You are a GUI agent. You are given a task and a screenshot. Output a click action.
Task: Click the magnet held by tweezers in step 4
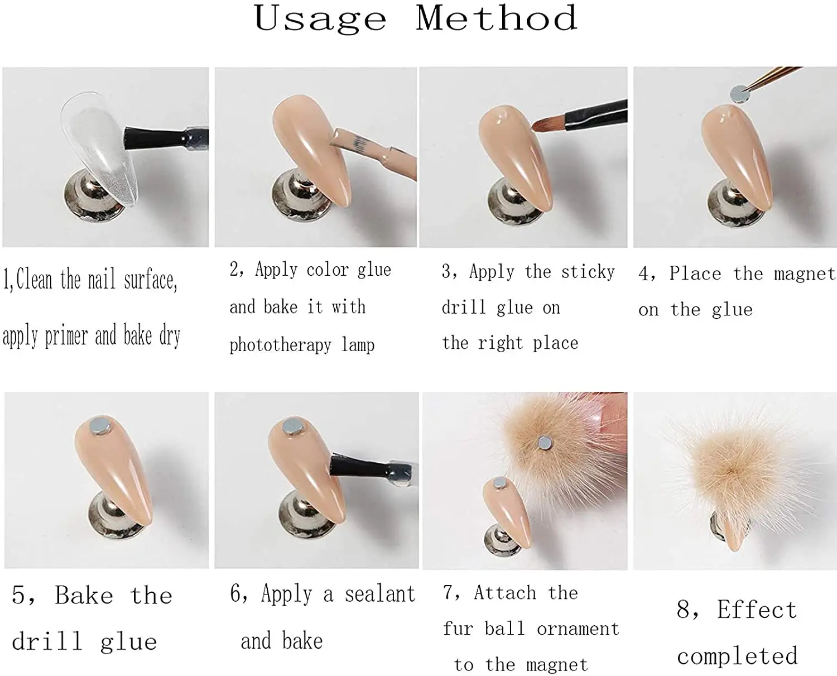[x=739, y=94]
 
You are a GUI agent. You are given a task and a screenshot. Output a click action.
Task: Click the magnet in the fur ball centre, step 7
[x=544, y=443]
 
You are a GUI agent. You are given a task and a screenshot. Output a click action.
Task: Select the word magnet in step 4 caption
[x=804, y=274]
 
